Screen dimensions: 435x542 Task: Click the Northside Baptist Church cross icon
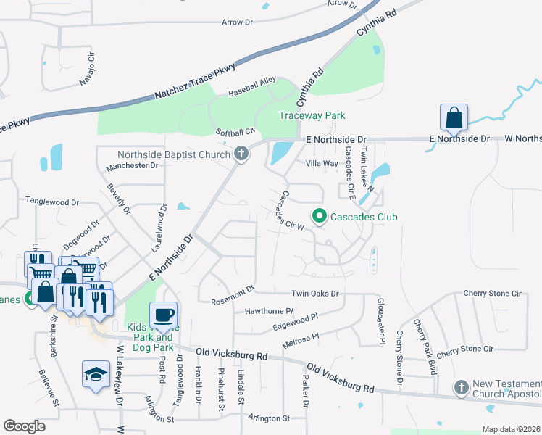(241, 154)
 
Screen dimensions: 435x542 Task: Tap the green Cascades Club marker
(318, 216)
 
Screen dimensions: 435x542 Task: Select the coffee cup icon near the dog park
(163, 316)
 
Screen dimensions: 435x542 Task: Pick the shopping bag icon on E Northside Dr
(454, 117)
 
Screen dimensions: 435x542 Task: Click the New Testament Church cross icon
(461, 388)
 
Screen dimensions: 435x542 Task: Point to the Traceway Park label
(312, 115)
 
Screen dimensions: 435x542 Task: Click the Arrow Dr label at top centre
(238, 22)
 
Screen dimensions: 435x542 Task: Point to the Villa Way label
(322, 163)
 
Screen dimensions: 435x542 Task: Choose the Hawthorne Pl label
(269, 311)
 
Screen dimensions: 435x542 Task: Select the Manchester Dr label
(132, 166)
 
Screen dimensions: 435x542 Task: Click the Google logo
(25, 426)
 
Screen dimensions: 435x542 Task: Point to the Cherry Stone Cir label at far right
(493, 294)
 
